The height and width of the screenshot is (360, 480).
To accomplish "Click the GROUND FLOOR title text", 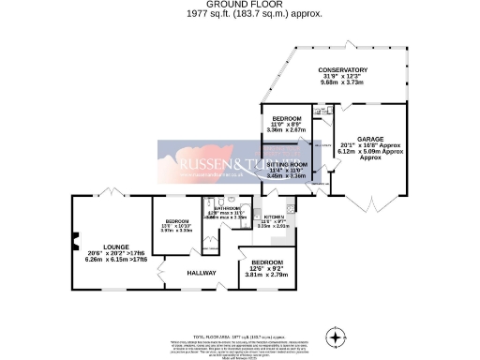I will tap(240, 5).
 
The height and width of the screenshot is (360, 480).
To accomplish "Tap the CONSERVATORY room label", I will tap(342, 70).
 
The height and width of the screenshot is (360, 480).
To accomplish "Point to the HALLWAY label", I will tap(202, 273).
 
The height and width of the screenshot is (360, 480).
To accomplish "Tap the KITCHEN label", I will tap(275, 215).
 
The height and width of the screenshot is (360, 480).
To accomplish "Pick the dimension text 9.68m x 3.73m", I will tap(342, 83).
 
